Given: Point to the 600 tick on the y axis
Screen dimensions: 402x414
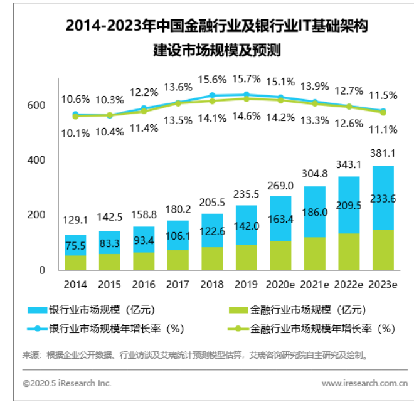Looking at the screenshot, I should click(37, 106).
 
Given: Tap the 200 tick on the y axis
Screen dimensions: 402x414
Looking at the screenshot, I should click(37, 215).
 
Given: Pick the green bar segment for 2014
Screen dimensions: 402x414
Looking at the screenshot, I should click(75, 262).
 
